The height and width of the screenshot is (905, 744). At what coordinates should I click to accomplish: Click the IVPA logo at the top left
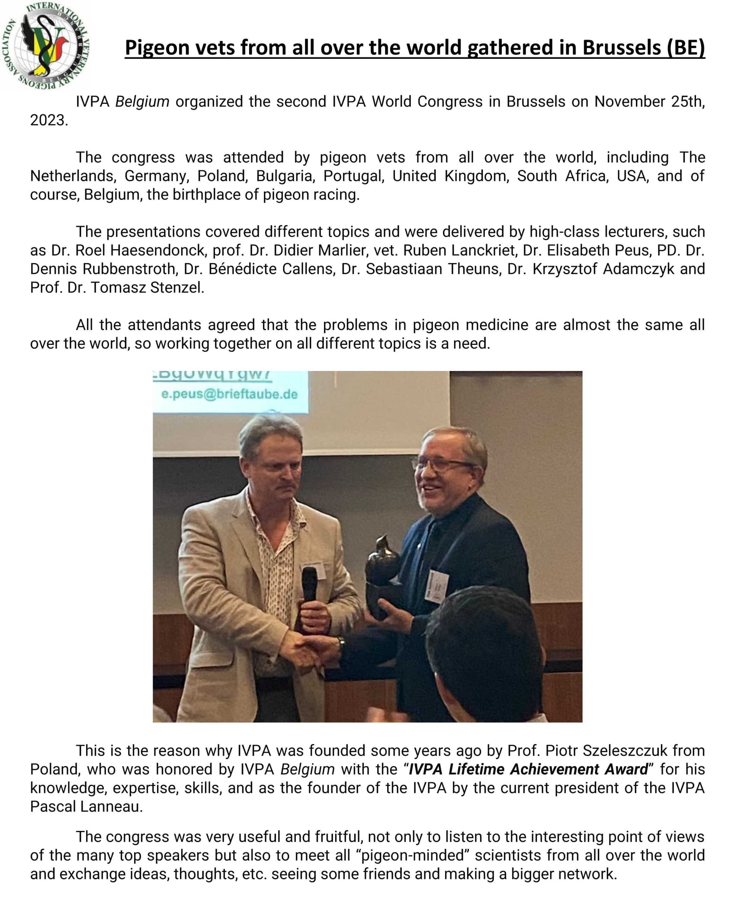[x=45, y=46]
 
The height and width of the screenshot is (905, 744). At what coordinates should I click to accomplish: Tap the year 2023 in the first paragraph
[x=48, y=120]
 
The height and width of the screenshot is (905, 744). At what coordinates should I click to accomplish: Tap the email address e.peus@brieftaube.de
[x=229, y=394]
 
